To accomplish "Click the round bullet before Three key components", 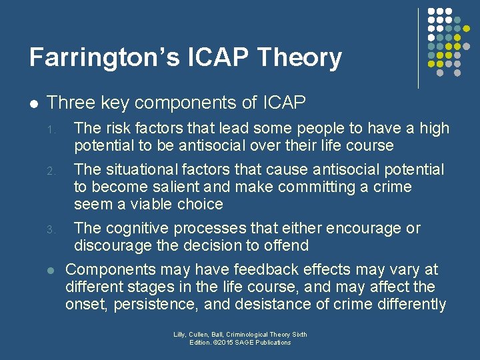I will pyautogui.click(x=34, y=104).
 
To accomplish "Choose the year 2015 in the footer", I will pyautogui.click(x=231, y=343).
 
